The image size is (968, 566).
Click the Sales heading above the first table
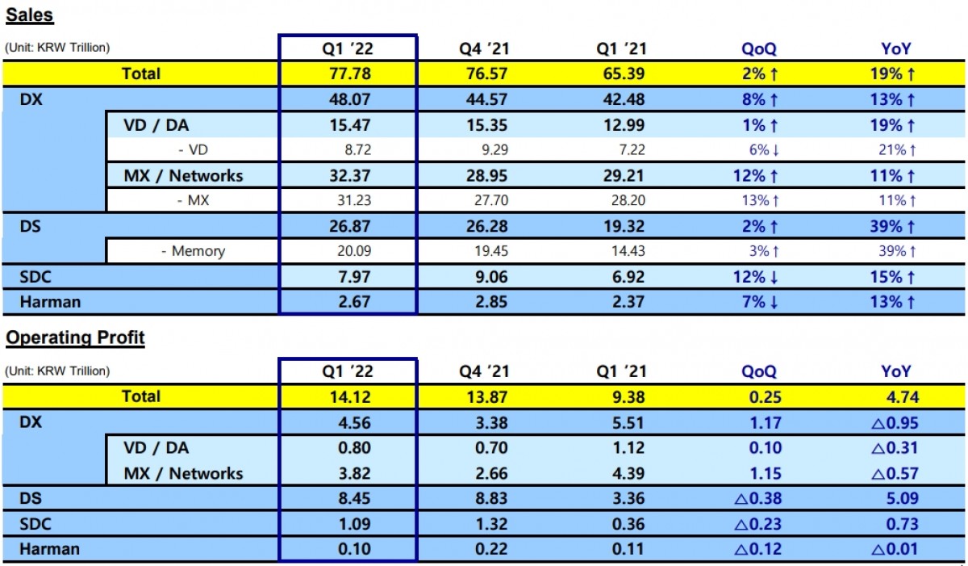(x=30, y=15)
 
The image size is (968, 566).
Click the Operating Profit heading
(x=75, y=338)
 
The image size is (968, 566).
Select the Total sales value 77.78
(x=348, y=73)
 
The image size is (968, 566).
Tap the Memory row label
(x=193, y=251)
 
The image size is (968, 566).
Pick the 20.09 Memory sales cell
(x=348, y=251)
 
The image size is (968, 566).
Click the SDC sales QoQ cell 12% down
(x=758, y=277)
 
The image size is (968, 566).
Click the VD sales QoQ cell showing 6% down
(x=758, y=150)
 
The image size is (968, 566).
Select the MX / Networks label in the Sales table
(x=183, y=175)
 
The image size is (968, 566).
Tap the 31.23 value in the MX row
(x=348, y=201)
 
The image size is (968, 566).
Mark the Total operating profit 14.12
(x=348, y=396)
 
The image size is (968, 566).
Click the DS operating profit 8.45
(x=348, y=498)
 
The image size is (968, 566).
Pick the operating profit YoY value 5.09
(x=895, y=498)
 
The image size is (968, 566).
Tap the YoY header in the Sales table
(x=895, y=48)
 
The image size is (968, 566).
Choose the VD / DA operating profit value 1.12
(x=622, y=447)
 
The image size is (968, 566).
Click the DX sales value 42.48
(x=622, y=99)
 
